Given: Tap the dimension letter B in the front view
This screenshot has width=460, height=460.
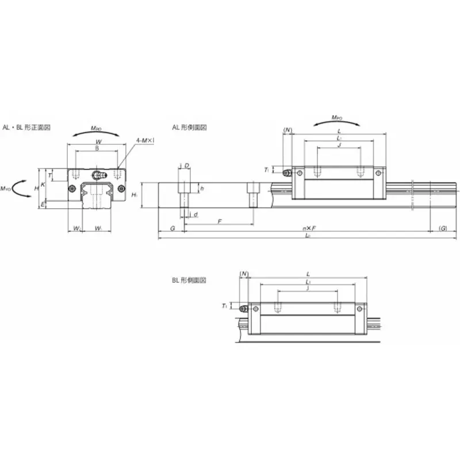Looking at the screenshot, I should (97, 148).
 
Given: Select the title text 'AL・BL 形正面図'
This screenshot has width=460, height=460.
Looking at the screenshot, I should (26, 127).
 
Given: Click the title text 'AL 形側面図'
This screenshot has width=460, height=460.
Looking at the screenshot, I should (189, 127).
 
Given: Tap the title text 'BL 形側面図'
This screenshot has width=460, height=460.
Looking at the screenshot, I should (189, 280).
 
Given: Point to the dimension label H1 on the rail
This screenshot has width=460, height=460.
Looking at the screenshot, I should (134, 195).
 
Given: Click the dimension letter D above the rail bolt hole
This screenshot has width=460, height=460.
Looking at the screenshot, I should (187, 166).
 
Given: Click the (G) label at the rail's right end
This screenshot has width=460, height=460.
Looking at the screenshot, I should (443, 229).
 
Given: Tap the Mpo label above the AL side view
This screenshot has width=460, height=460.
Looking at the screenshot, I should (336, 117).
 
